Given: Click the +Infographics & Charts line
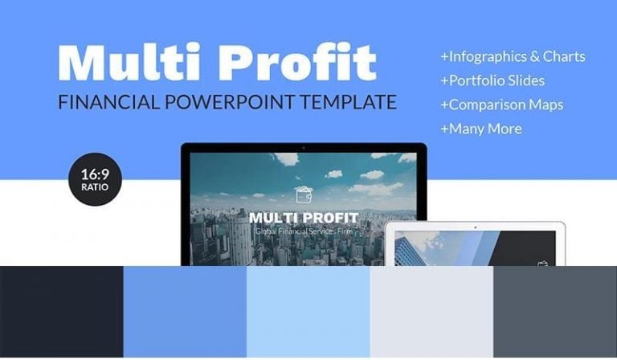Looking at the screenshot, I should coord(513,57).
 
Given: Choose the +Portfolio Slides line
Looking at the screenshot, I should coord(492,81).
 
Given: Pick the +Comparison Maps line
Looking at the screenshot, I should coord(501,104).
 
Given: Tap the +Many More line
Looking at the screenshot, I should coord(480,129).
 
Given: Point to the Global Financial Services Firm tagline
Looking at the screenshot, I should coord(303,231).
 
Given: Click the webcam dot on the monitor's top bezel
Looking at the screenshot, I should coord(304,148).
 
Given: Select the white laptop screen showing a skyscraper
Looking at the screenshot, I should coord(474,247).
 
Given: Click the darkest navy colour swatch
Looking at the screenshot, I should coord(61,313).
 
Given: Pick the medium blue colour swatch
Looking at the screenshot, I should coord(185,313).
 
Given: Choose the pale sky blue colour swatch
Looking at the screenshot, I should coord(308,313).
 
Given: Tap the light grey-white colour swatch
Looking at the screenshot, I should coord(431,313).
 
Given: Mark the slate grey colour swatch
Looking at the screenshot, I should coord(555,313).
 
